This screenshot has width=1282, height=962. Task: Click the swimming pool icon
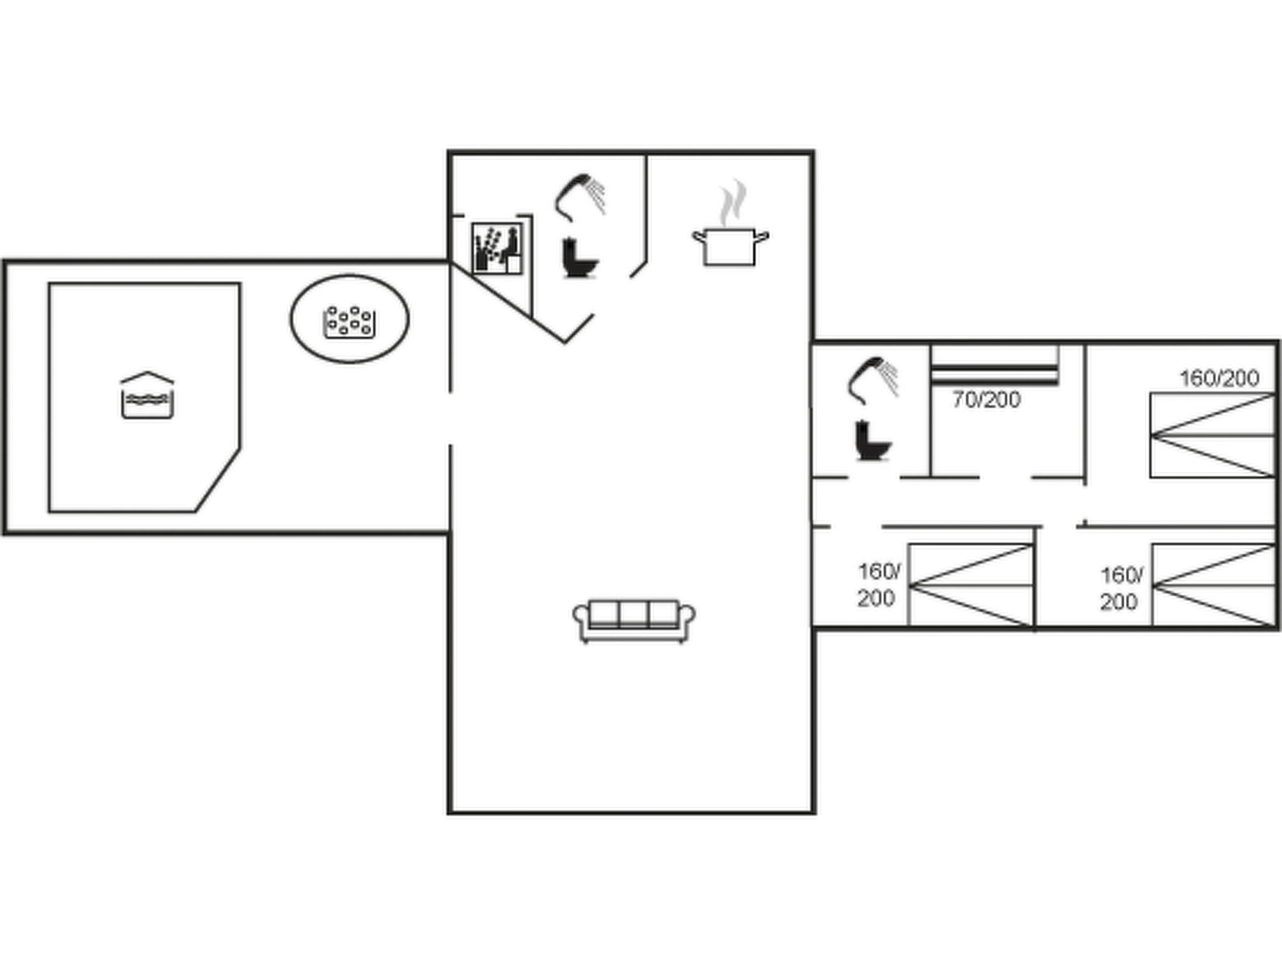147,395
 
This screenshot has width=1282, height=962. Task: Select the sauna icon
497,249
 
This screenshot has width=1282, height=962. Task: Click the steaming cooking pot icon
730,246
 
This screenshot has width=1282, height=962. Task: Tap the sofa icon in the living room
634,620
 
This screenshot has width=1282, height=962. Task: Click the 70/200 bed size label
987,400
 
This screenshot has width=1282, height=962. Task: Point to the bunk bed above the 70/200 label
994,365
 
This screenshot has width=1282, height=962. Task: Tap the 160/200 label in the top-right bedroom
1219,378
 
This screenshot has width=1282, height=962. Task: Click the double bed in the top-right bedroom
1213,435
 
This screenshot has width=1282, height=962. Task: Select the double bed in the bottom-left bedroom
970,585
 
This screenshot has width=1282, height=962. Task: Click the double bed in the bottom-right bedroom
1213,585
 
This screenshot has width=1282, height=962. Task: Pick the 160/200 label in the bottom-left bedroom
878,585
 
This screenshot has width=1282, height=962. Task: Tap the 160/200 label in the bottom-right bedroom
1120,589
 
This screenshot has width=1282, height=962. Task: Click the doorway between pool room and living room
450,418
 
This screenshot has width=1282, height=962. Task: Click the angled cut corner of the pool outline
217,480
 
